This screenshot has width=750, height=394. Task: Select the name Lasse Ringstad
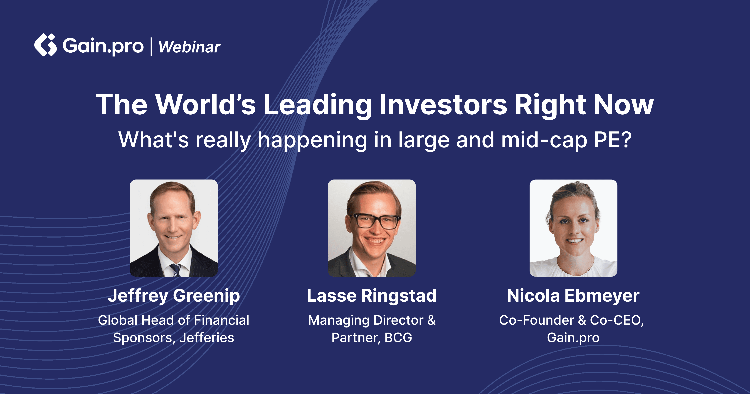coord(372,296)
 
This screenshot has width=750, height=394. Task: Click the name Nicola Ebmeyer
coord(573,296)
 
